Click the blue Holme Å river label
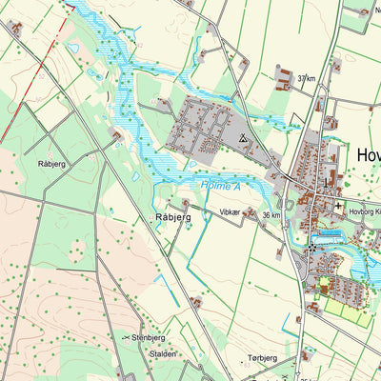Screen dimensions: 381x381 coord(220,186)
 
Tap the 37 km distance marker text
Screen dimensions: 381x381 coord(306,78)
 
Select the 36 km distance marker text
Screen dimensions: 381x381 coord(272,215)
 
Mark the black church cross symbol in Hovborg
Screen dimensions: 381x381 coord(339,205)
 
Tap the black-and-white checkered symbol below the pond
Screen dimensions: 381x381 coord(311,248)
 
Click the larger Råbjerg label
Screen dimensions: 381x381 coord(172,218)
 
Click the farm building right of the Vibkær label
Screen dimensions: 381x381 coord(251,213)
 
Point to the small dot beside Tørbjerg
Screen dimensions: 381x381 coord(233,360)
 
